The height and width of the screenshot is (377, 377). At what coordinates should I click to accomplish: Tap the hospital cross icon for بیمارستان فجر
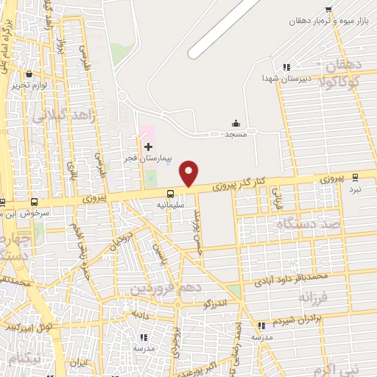[x=148, y=147]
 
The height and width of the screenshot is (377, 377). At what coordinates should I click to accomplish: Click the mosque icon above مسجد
[x=236, y=123]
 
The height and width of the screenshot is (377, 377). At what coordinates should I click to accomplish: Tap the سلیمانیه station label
[x=170, y=205]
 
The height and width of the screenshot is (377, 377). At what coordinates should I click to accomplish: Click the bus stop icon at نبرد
[x=356, y=177]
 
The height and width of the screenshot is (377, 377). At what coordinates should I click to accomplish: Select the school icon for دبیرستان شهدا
[x=286, y=68]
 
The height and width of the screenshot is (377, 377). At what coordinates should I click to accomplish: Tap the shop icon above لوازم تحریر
[x=29, y=74]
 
